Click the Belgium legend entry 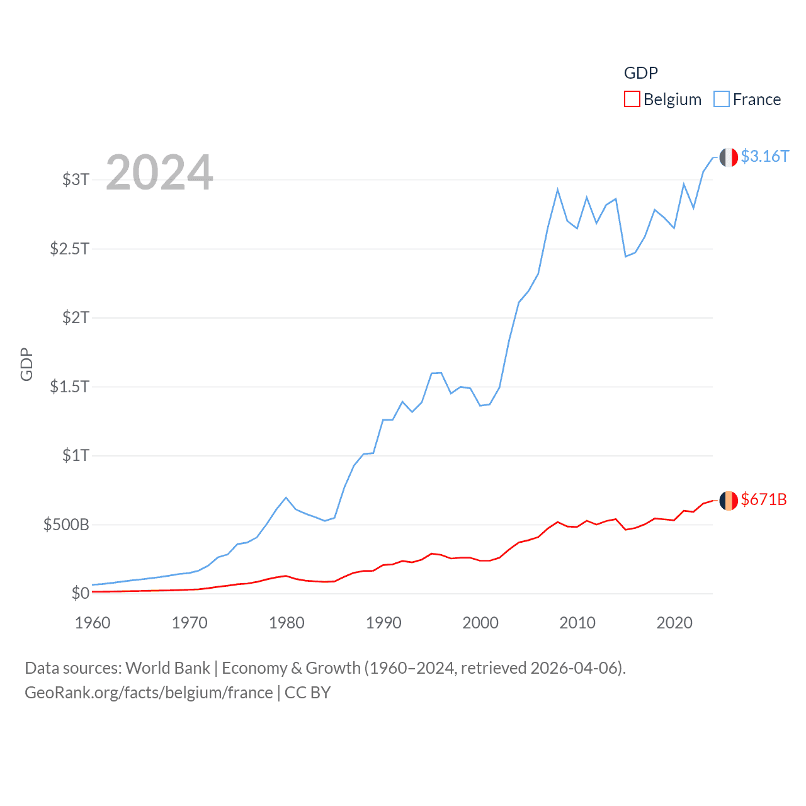point(662,99)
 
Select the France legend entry point(747,99)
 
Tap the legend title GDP point(640,73)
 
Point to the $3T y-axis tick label point(76,179)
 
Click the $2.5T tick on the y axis point(69,249)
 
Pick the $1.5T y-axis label point(69,387)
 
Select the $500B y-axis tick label point(66,525)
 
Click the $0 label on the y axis point(80,593)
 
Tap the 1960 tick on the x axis point(93,623)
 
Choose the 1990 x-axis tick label point(383,623)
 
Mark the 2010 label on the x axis point(577,623)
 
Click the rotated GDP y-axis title point(26,364)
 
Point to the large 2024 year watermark point(159,173)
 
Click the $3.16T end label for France point(764,156)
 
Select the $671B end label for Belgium point(764,499)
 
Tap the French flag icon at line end point(729,157)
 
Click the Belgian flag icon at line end point(729,501)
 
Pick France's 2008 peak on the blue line point(558,190)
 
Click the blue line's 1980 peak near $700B point(287,497)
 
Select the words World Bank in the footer point(167,668)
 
